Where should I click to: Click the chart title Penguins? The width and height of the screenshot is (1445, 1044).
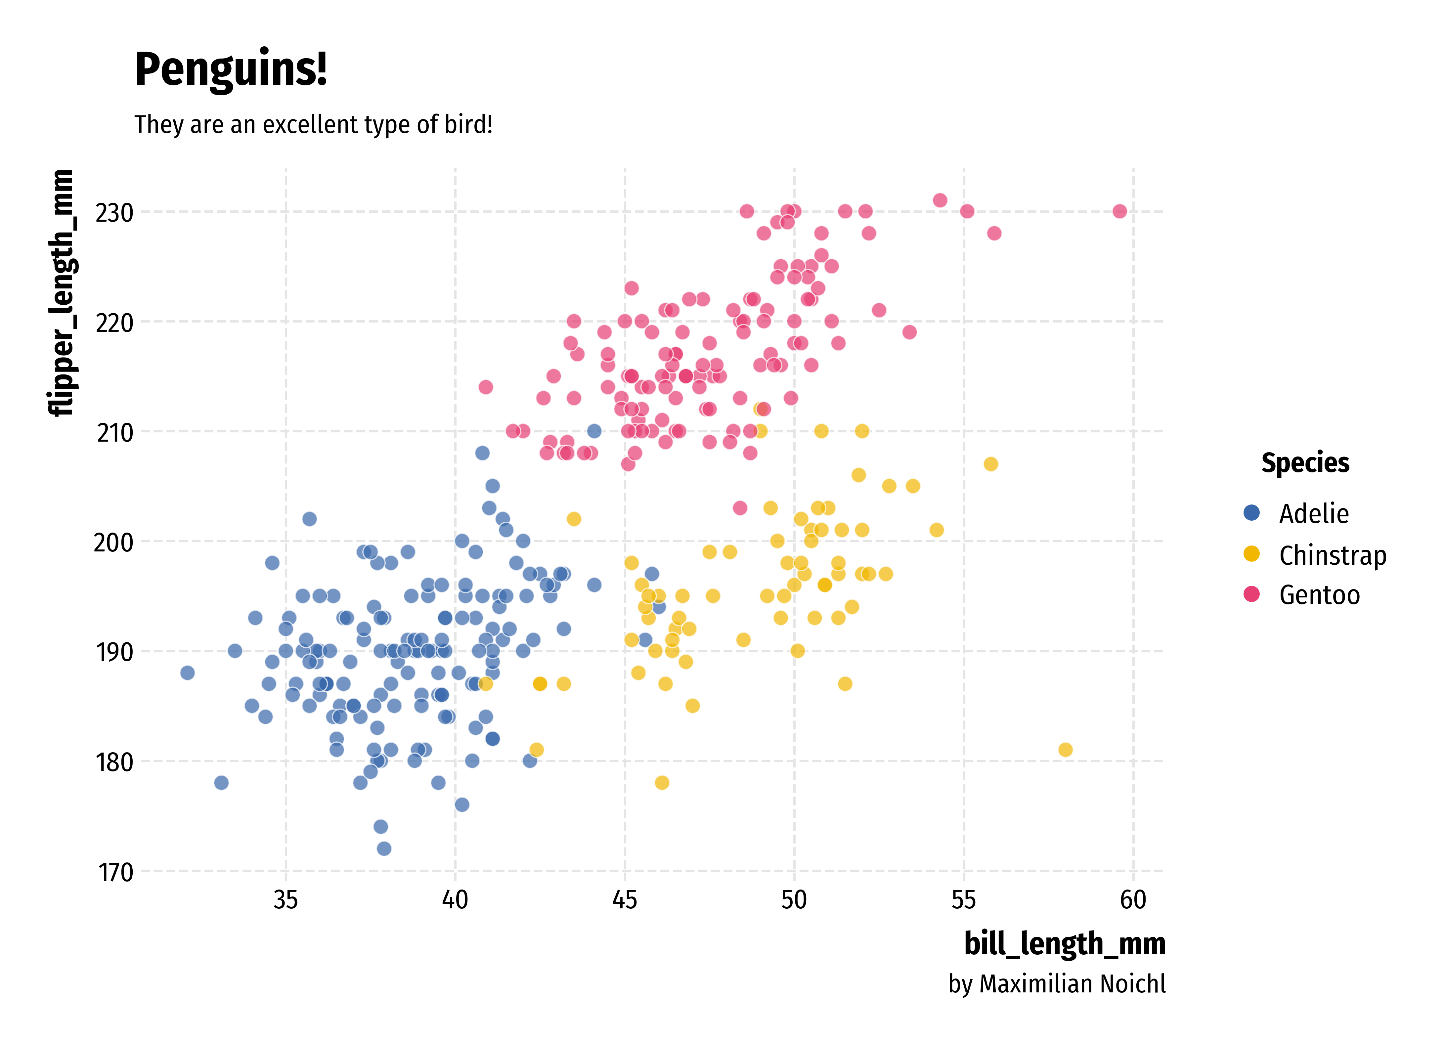231,70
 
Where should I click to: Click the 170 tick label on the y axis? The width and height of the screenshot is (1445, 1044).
115,872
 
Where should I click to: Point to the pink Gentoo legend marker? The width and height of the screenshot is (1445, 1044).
1251,594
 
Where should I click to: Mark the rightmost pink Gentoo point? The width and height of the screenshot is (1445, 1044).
1119,211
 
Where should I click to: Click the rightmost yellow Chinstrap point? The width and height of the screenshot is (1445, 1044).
1065,750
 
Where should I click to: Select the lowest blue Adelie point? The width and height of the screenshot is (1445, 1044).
384,848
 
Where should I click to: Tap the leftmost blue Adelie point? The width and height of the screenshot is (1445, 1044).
187,673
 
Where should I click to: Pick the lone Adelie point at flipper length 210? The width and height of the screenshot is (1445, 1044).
594,431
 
